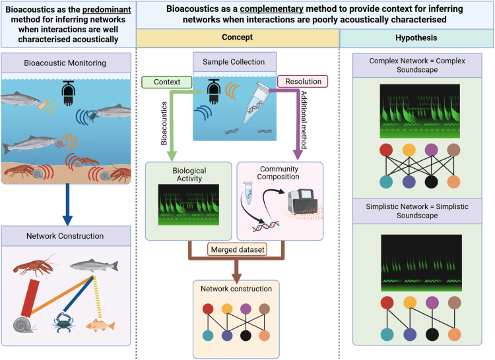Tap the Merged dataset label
click(237, 250)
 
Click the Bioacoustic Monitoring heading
click(68, 63)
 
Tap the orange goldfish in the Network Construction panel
click(102, 325)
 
